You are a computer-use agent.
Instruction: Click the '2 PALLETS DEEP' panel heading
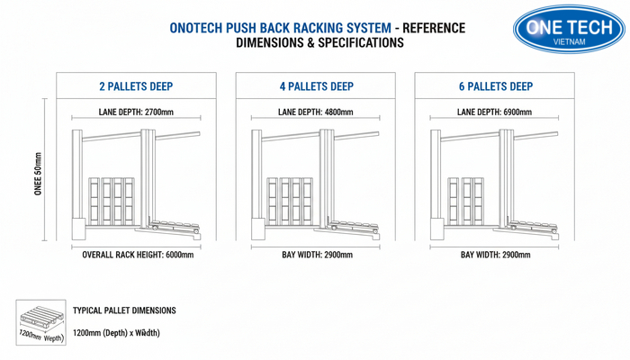click(x=136, y=87)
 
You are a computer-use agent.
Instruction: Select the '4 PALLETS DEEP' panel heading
click(x=316, y=87)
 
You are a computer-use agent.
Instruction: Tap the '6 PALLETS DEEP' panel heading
click(x=494, y=87)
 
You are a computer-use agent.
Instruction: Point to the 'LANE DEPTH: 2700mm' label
click(x=136, y=112)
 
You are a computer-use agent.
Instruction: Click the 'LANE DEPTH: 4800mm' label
click(x=316, y=112)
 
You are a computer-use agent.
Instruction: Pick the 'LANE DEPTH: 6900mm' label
click(x=494, y=112)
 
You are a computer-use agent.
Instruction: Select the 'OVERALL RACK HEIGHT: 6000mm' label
click(x=137, y=255)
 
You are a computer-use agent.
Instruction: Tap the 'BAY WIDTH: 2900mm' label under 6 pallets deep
click(x=495, y=255)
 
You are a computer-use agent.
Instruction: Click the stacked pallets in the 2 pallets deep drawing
click(x=110, y=201)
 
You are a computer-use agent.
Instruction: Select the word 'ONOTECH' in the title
click(x=200, y=28)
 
